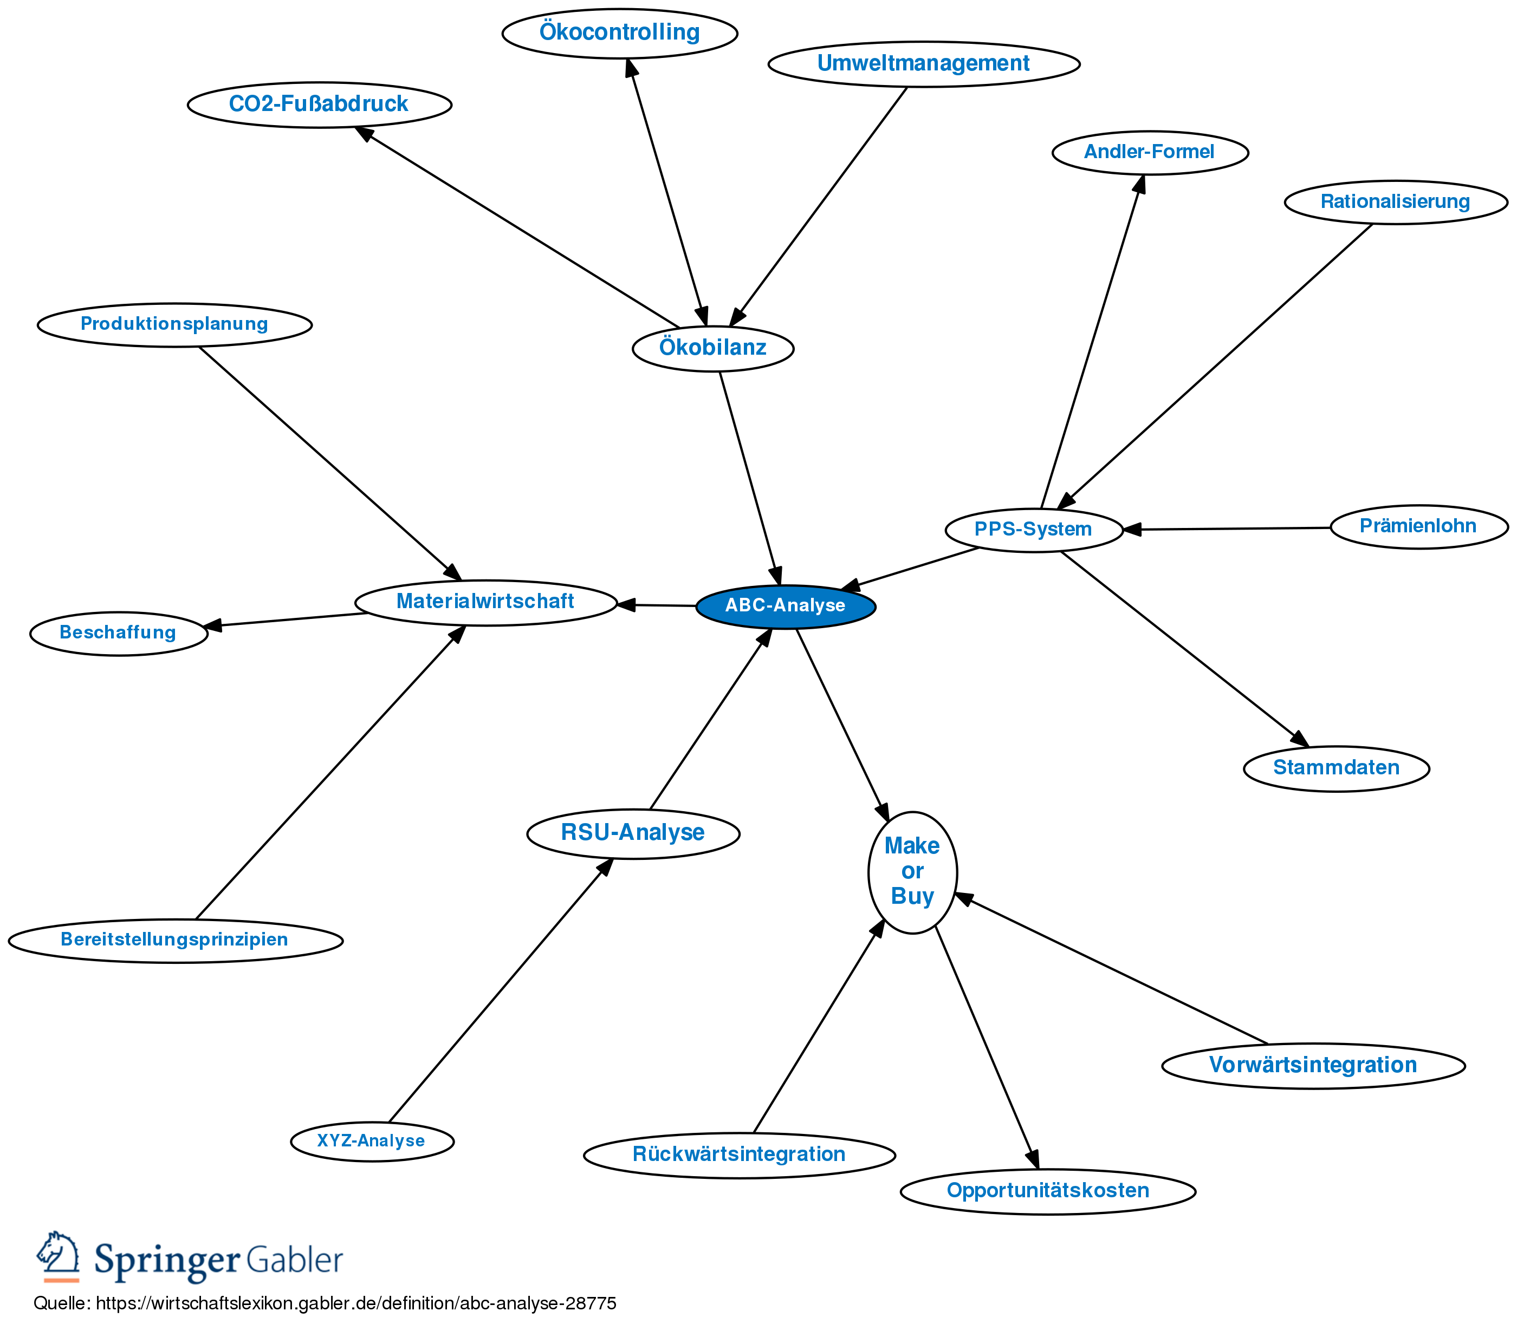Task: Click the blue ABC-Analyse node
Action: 785,606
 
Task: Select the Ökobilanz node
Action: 712,348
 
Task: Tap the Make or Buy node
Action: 912,872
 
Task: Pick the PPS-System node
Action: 1033,530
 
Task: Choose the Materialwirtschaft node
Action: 485,602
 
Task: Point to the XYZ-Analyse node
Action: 371,1140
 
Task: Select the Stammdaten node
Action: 1336,768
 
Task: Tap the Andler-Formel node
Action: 1150,153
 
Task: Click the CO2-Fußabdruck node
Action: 319,105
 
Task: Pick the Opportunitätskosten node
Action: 1047,1191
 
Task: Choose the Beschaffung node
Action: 118,633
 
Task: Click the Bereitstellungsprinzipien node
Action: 175,940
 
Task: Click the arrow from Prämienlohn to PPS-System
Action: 1224,529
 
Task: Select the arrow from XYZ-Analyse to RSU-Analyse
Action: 497,994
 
